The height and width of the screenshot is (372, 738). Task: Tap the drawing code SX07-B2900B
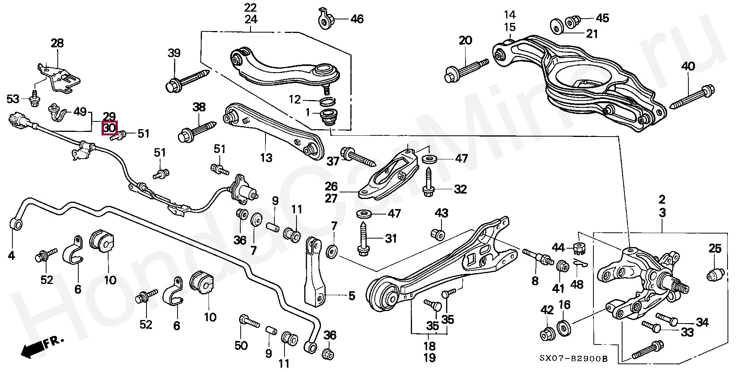click(x=573, y=359)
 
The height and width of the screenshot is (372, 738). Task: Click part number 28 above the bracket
click(x=57, y=43)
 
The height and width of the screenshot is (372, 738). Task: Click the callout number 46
click(x=357, y=18)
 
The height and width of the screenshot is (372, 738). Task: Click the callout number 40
click(x=688, y=66)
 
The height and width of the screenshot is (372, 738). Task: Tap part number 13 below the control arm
click(x=266, y=157)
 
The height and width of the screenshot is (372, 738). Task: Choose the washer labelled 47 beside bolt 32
click(x=428, y=159)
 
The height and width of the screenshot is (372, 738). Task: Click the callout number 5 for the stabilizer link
click(x=351, y=296)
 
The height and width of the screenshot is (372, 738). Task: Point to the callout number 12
click(x=295, y=100)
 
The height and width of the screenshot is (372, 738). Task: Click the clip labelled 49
click(x=56, y=111)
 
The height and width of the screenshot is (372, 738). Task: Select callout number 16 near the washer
click(x=564, y=305)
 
